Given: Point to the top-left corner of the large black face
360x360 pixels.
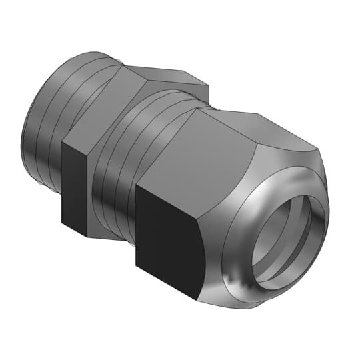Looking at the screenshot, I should coord(136,186).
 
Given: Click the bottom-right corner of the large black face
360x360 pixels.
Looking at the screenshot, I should coord(198,296).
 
